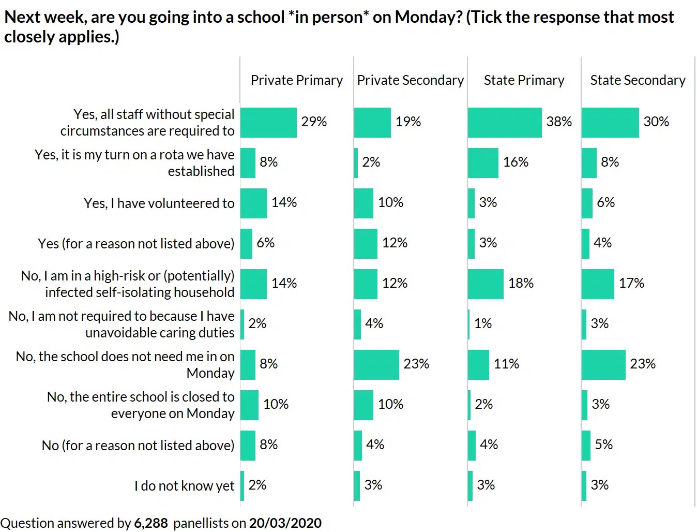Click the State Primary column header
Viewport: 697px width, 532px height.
(x=524, y=80)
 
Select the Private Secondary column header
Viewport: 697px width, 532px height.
(x=410, y=80)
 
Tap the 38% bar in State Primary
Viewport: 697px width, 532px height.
(x=505, y=123)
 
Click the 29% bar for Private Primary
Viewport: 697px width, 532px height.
(x=268, y=123)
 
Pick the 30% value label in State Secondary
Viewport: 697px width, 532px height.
(x=656, y=122)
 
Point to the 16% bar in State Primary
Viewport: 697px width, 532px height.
(x=483, y=163)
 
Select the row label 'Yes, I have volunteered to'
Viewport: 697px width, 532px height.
(x=159, y=203)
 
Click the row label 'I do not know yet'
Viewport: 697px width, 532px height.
(x=184, y=486)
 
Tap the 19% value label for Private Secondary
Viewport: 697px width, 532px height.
(x=408, y=122)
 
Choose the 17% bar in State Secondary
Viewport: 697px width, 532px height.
(x=598, y=284)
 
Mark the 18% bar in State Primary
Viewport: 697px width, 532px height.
(x=486, y=284)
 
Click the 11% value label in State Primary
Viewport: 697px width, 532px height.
(x=506, y=364)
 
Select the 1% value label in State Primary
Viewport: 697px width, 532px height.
(x=483, y=323)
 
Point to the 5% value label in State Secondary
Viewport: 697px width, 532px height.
(x=603, y=445)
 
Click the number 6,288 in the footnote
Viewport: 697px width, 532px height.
(x=151, y=523)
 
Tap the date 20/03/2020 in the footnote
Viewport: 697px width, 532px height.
(x=285, y=523)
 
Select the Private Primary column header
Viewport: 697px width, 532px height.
(x=296, y=80)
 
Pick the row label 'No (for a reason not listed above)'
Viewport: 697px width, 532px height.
(x=138, y=446)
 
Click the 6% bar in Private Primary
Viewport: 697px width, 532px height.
(x=246, y=244)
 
